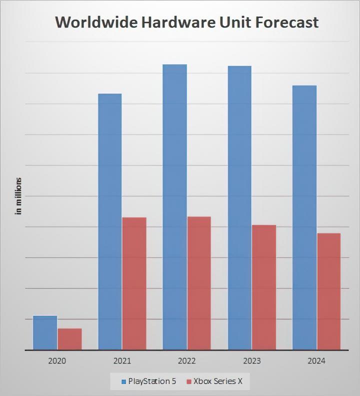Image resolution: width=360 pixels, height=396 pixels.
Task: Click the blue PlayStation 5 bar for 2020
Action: [x=45, y=332]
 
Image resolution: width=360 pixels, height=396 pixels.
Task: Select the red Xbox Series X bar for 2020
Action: [x=69, y=339]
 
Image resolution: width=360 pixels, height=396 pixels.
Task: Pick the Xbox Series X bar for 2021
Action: [x=134, y=283]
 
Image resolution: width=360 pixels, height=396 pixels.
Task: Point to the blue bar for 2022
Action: [x=174, y=207]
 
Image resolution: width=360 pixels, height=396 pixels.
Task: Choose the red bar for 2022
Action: [x=199, y=283]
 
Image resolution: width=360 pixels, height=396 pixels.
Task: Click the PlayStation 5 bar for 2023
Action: [x=239, y=207]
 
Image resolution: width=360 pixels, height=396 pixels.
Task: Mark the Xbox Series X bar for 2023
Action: [x=263, y=287]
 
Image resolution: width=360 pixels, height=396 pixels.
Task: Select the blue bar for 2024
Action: [x=304, y=217]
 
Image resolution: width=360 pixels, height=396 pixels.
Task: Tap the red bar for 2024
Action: [x=328, y=291]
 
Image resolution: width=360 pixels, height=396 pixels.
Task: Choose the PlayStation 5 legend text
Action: [x=152, y=381]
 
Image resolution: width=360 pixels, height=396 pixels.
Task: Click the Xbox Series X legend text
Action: [x=218, y=381]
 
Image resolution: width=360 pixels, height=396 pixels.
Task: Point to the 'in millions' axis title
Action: [x=19, y=196]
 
